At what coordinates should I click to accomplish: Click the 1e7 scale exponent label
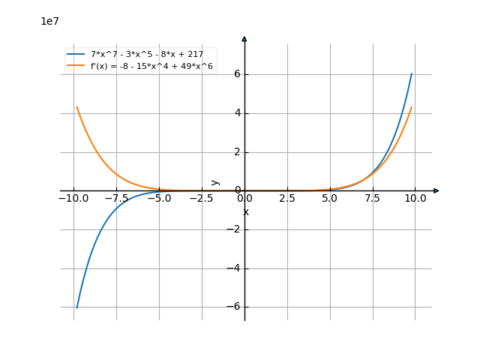pyautogui.click(x=49, y=21)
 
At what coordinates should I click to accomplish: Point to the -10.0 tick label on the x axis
pyautogui.click(x=73, y=199)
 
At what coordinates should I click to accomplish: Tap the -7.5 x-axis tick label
pyautogui.click(x=116, y=199)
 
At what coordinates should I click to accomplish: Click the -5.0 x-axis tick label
pyautogui.click(x=159, y=199)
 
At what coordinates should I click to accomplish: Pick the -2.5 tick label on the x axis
pyautogui.click(x=202, y=199)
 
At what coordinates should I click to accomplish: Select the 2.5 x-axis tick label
pyautogui.click(x=287, y=199)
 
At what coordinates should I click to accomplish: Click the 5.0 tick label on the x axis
pyautogui.click(x=330, y=199)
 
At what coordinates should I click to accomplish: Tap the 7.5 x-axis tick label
pyautogui.click(x=373, y=199)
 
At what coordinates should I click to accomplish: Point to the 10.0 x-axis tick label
pyautogui.click(x=415, y=199)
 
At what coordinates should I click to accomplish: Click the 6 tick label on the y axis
pyautogui.click(x=236, y=73)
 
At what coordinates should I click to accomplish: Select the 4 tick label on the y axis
pyautogui.click(x=236, y=112)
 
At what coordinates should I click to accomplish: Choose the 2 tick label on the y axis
pyautogui.click(x=236, y=151)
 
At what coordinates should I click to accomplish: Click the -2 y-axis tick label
pyautogui.click(x=234, y=229)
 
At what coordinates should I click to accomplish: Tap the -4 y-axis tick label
pyautogui.click(x=234, y=268)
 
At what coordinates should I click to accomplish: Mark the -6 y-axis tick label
pyautogui.click(x=234, y=307)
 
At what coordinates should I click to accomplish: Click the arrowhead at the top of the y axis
pyautogui.click(x=244, y=38)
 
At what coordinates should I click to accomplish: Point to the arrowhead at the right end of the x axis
pyautogui.click(x=436, y=190)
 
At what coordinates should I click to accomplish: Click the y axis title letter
pyautogui.click(x=216, y=181)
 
